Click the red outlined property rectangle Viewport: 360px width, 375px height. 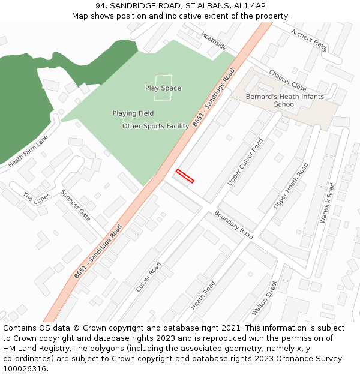coord(185,176)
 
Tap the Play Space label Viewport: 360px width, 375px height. coord(163,88)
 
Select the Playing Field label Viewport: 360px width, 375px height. coord(133,113)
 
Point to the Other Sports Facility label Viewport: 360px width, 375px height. coord(156,126)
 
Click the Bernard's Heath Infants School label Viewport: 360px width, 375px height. coord(284,100)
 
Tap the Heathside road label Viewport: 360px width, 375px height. coord(214,41)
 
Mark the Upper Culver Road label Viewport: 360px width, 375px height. coord(245,162)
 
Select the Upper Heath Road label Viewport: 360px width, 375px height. coord(290,186)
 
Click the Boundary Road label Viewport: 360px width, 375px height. coord(234,225)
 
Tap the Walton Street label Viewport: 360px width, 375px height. coord(265,298)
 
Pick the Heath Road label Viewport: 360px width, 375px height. coord(203,296)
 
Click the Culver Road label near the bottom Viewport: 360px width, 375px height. coord(148,277)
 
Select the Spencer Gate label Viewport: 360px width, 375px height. coord(76,205)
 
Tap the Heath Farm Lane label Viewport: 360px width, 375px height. coord(28,151)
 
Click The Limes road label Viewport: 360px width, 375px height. coord(36,198)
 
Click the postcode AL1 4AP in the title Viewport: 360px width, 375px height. coord(250,5)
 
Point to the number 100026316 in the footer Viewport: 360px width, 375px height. coord(24,368)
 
